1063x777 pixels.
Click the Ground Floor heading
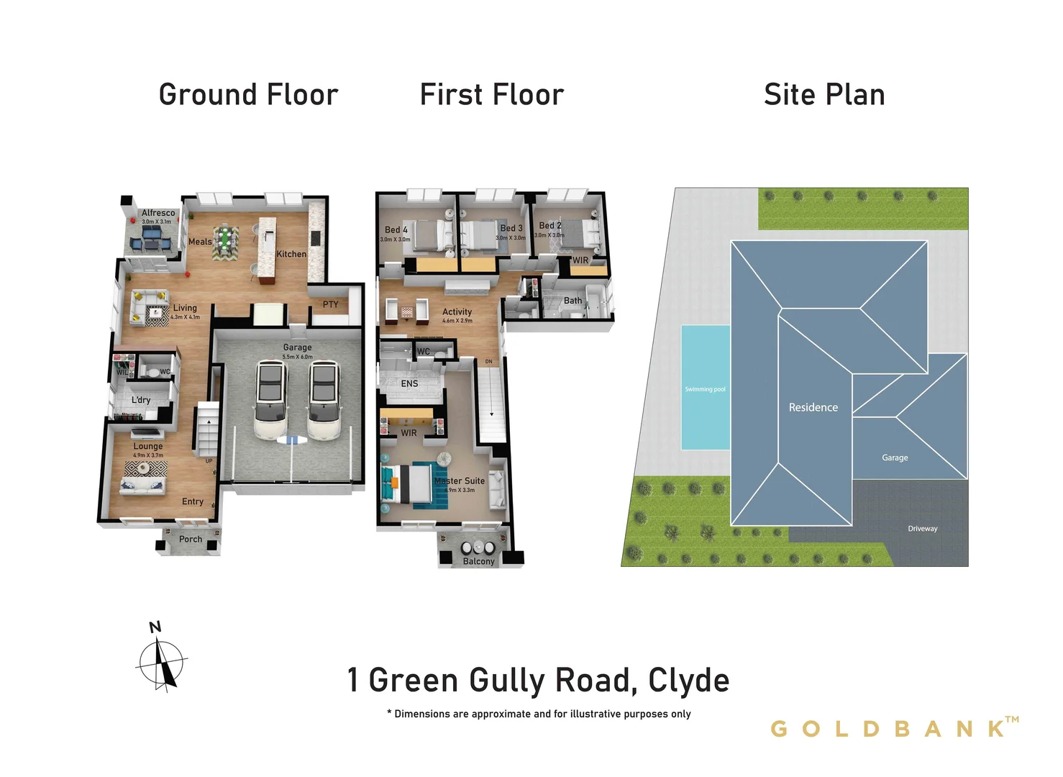[248, 95]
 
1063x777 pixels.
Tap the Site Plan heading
[824, 95]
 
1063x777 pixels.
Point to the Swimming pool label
[705, 389]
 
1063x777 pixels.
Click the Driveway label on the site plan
[922, 529]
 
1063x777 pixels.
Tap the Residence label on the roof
[813, 407]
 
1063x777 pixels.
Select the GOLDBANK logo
[894, 728]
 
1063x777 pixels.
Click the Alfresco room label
[158, 213]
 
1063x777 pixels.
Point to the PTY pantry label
[330, 304]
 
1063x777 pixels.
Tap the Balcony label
[478, 561]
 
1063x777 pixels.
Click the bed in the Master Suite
[408, 483]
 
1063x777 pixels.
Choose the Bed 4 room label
[396, 230]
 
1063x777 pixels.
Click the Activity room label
[457, 312]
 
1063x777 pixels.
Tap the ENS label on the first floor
[409, 383]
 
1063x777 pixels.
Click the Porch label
[191, 539]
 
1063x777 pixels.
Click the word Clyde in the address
[688, 681]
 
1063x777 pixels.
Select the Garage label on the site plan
[895, 458]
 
